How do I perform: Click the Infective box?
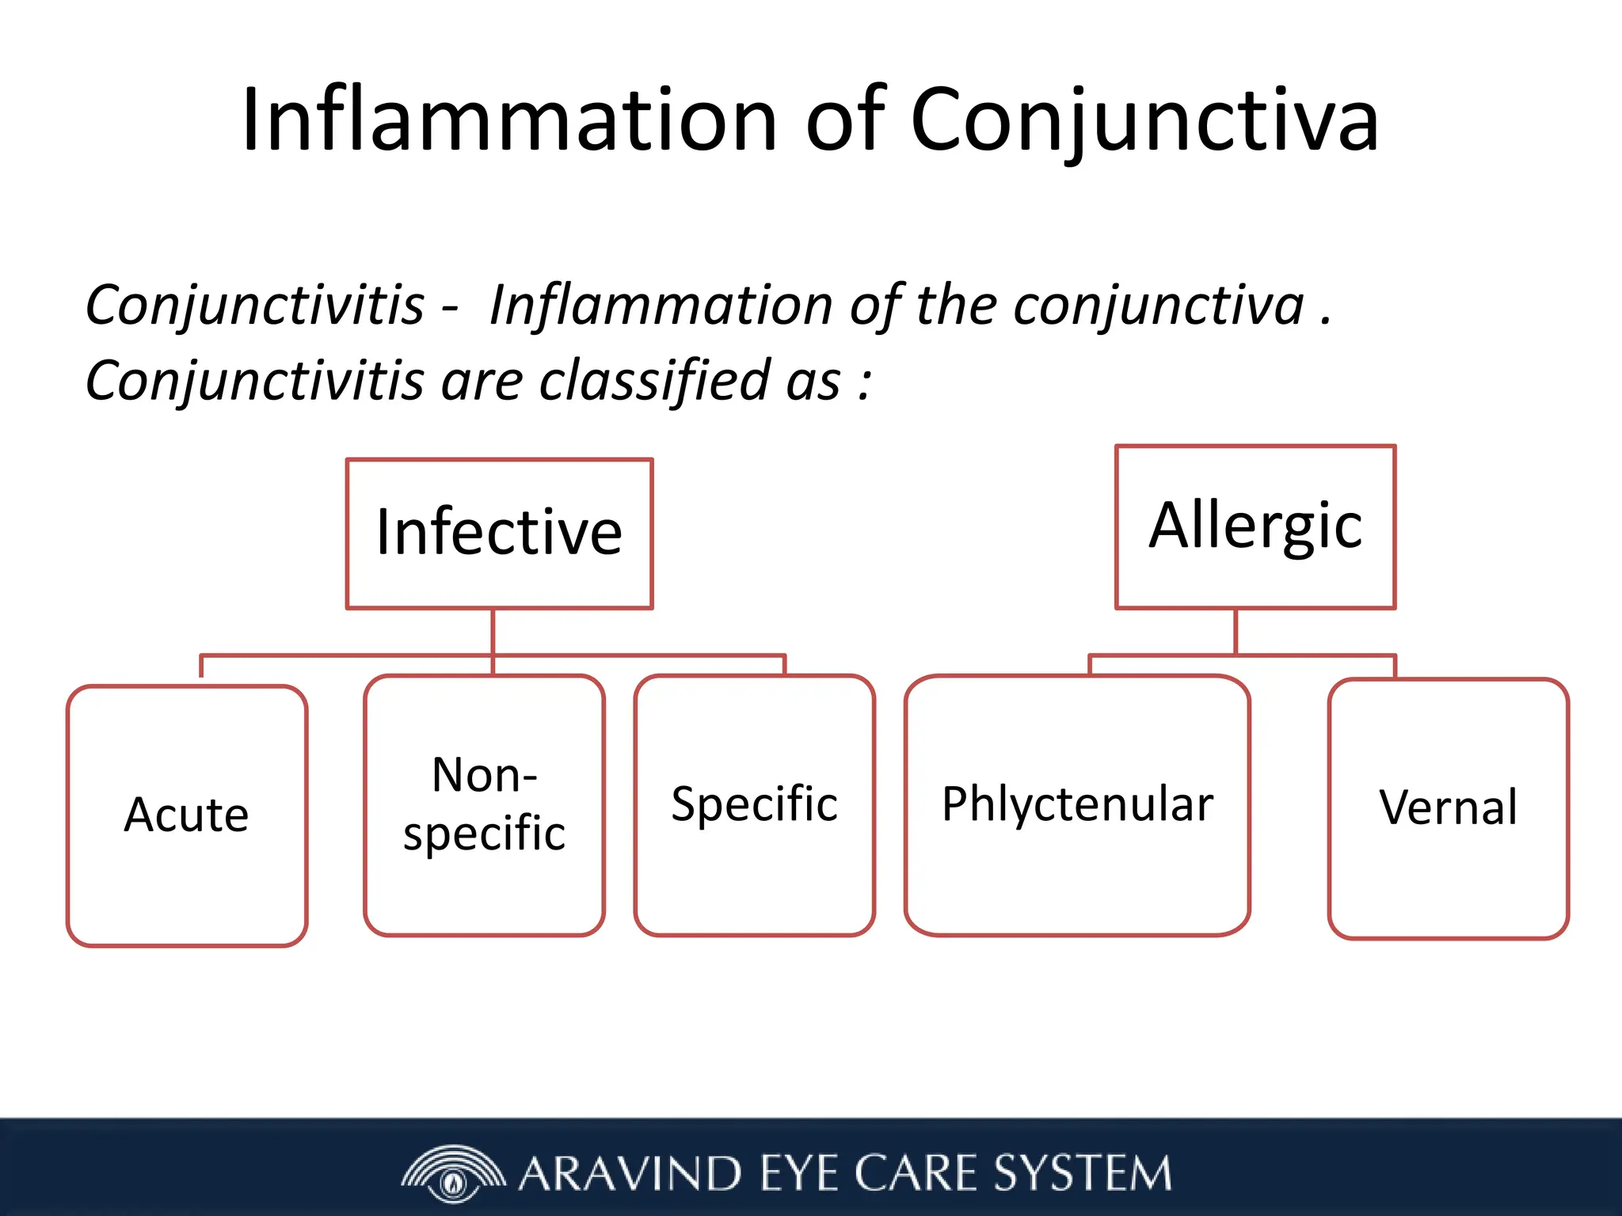499,534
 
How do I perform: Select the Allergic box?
1255,527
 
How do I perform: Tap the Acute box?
187,815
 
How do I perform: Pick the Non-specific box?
484,805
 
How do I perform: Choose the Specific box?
754,805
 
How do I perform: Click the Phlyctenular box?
1077,805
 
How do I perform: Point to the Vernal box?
1448,808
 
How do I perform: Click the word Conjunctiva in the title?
1144,120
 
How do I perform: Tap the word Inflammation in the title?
509,120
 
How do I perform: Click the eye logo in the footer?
453,1174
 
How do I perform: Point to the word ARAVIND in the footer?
630,1174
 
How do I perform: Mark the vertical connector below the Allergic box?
1236,632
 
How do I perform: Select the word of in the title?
844,120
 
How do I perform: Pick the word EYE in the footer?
798,1174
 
